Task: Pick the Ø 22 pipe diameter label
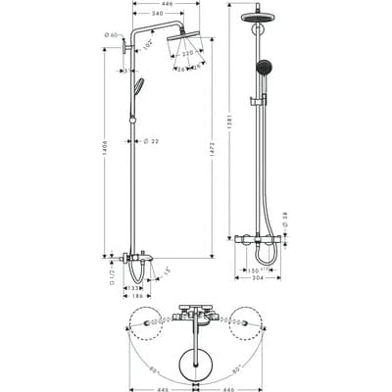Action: (151, 141)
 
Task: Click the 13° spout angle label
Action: (168, 269)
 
